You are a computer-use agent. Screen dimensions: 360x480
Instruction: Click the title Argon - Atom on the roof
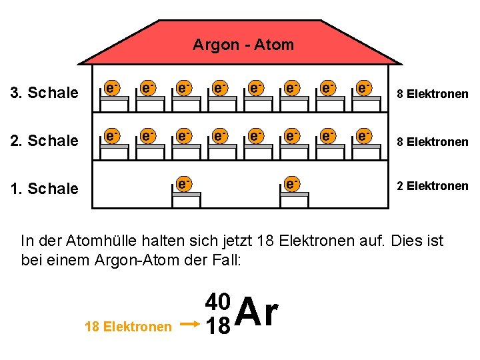pos(243,45)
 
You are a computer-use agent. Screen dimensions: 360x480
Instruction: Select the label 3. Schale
pos(45,93)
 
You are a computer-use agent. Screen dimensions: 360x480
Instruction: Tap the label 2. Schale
pos(45,141)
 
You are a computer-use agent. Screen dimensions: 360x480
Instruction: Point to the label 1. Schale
pos(45,189)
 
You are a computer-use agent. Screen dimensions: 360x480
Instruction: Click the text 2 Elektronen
pos(433,186)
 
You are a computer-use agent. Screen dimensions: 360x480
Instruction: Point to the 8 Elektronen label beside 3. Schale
pos(433,94)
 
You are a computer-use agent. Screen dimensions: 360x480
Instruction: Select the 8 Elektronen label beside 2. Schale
pos(433,141)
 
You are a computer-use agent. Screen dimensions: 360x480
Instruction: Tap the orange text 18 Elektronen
pos(128,327)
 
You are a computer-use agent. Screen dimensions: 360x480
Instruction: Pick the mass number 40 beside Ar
pos(218,302)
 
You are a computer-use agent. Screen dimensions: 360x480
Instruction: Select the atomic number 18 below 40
pos(218,326)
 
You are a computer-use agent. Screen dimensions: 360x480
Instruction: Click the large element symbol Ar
pos(257,312)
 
